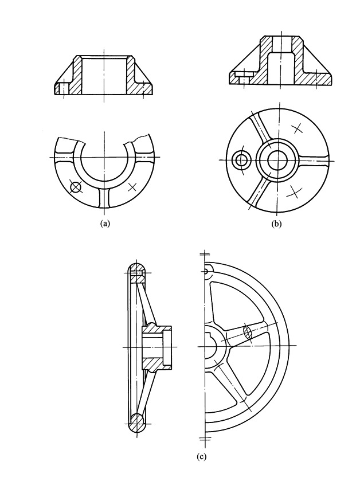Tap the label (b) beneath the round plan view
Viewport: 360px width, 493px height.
pyautogui.click(x=277, y=224)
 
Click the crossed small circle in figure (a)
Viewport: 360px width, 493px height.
pyautogui.click(x=74, y=186)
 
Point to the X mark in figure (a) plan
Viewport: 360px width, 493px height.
pyautogui.click(x=132, y=186)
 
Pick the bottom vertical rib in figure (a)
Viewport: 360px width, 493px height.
pyautogui.click(x=104, y=198)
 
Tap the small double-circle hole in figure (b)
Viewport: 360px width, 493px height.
pyautogui.click(x=241, y=161)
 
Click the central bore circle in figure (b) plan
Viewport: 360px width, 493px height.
pyautogui.click(x=279, y=160)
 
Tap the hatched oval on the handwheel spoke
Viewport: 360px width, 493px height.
pyautogui.click(x=248, y=332)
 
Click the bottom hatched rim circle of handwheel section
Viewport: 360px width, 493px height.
pyautogui.click(x=136, y=423)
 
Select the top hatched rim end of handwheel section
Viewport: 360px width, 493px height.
pyautogui.click(x=136, y=272)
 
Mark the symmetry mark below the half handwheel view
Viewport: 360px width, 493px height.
pyautogui.click(x=205, y=439)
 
